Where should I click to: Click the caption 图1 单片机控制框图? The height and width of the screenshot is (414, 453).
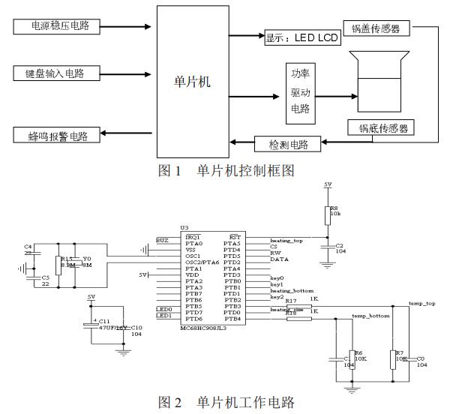pyautogui.click(x=225, y=171)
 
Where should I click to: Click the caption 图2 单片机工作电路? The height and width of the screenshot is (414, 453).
pyautogui.click(x=225, y=402)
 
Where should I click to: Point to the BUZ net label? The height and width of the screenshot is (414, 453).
pyautogui.click(x=162, y=240)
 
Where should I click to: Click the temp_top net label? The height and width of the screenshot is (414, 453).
pyautogui.click(x=421, y=304)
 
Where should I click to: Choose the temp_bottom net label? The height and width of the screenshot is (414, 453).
pyautogui.click(x=370, y=316)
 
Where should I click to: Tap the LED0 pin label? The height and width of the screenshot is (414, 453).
pyautogui.click(x=163, y=308)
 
